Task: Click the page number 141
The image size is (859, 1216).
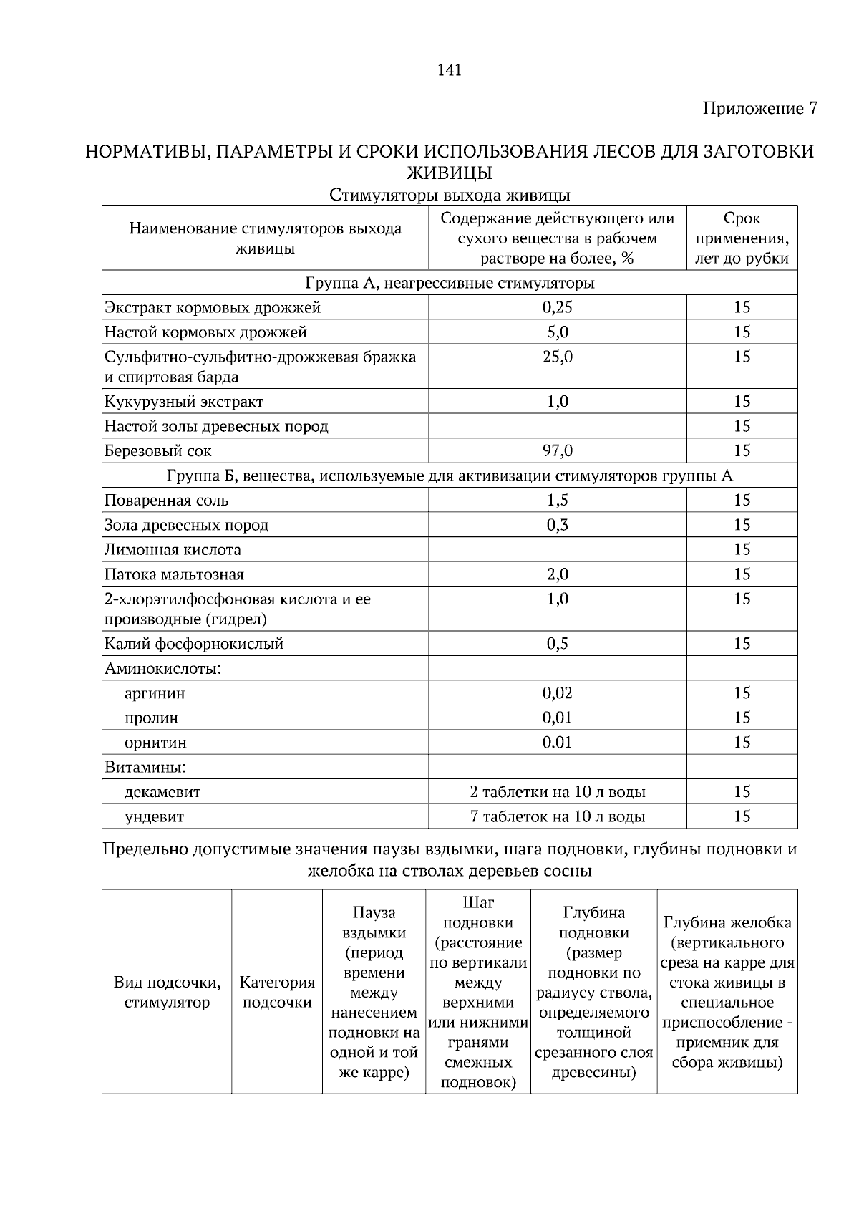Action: pyautogui.click(x=449, y=70)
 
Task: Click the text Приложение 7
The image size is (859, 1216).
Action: pyautogui.click(x=759, y=109)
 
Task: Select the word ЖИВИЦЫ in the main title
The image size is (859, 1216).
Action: pyautogui.click(x=449, y=173)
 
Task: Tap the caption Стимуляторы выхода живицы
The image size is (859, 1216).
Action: pyautogui.click(x=449, y=195)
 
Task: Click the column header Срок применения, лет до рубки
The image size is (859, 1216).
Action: pyautogui.click(x=742, y=238)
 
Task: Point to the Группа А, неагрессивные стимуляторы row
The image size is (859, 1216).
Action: pyautogui.click(x=449, y=283)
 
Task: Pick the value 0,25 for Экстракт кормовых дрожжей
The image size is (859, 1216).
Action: pyautogui.click(x=557, y=307)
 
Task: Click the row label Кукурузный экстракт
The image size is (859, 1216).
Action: pyautogui.click(x=184, y=402)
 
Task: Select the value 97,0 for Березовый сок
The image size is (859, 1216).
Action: pyautogui.click(x=557, y=451)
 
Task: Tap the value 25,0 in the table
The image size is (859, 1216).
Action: pyautogui.click(x=557, y=357)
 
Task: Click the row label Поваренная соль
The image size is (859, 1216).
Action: pyautogui.click(x=167, y=501)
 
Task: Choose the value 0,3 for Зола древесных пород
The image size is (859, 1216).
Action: pyautogui.click(x=557, y=525)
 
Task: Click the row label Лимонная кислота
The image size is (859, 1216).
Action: pyautogui.click(x=173, y=550)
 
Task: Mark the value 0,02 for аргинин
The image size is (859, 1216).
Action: pyautogui.click(x=557, y=693)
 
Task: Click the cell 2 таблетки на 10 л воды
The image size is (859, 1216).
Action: pyautogui.click(x=557, y=792)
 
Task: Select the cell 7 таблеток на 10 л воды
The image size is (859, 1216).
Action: pyautogui.click(x=557, y=816)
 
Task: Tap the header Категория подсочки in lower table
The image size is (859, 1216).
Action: pyautogui.click(x=277, y=993)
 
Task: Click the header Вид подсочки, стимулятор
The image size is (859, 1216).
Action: pyautogui.click(x=167, y=993)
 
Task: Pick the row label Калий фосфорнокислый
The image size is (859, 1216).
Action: pyautogui.click(x=194, y=644)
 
